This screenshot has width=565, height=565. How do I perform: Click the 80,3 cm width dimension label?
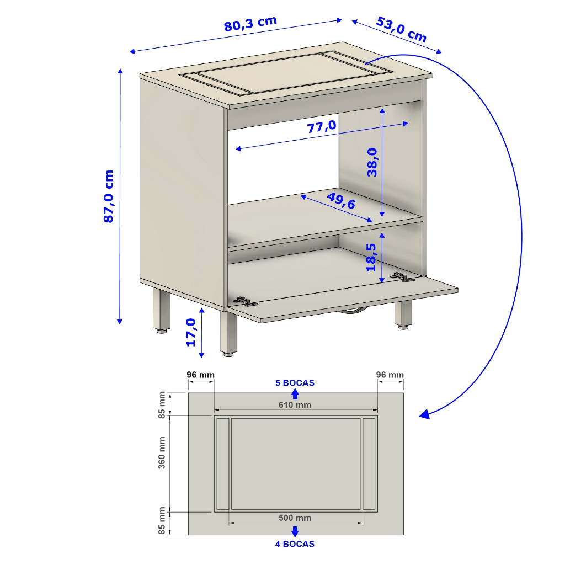pyautogui.click(x=250, y=24)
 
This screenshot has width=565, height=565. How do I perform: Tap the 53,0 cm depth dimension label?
pyautogui.click(x=402, y=30)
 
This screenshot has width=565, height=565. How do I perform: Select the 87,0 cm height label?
pyautogui.click(x=109, y=196)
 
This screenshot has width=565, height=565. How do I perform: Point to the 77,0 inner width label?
pyautogui.click(x=322, y=126)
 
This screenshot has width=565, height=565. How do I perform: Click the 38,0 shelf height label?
pyautogui.click(x=372, y=163)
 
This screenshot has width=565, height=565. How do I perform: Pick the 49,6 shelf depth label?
pyautogui.click(x=341, y=200)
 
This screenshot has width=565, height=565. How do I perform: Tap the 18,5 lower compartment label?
pyautogui.click(x=371, y=258)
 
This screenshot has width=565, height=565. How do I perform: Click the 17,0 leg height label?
pyautogui.click(x=190, y=333)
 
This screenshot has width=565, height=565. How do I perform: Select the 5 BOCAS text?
pyautogui.click(x=295, y=383)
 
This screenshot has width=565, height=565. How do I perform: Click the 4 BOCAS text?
pyautogui.click(x=295, y=543)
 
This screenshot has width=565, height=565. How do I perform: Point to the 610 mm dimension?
pyautogui.click(x=295, y=405)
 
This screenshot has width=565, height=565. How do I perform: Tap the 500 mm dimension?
pyautogui.click(x=295, y=518)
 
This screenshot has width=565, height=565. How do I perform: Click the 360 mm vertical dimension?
pyautogui.click(x=162, y=452)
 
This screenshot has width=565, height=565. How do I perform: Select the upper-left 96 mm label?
pyautogui.click(x=201, y=375)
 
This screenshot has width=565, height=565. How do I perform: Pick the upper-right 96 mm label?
pyautogui.click(x=390, y=375)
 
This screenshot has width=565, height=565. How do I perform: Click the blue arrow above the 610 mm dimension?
pyautogui.click(x=295, y=393)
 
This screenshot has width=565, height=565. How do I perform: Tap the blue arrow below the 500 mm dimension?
pyautogui.click(x=295, y=531)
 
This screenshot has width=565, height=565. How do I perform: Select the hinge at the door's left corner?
pyautogui.click(x=246, y=301)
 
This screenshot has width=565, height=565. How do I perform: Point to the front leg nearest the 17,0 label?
pyautogui.click(x=228, y=333)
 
